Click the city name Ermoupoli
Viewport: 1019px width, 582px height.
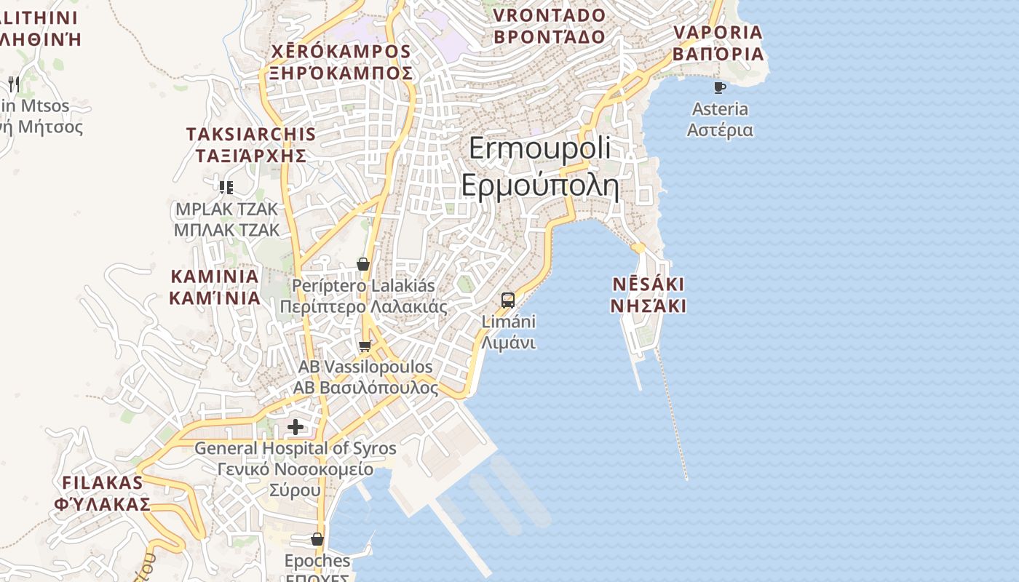point(539,148)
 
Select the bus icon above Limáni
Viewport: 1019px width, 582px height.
point(508,300)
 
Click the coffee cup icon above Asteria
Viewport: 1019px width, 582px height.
point(720,88)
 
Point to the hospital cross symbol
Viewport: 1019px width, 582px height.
point(296,426)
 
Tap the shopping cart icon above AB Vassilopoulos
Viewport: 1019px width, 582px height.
point(365,346)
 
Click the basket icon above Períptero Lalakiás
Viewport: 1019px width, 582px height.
point(363,264)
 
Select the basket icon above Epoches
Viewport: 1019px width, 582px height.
point(317,539)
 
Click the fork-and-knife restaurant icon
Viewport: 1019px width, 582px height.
point(13,84)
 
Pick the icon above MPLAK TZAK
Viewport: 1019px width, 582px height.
point(226,188)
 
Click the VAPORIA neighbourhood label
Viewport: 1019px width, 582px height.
point(718,33)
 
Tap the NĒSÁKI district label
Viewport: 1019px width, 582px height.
point(648,284)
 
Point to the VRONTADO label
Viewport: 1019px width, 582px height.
point(550,15)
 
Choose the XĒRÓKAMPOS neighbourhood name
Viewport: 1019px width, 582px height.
point(341,52)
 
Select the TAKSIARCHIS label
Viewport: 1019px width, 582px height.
point(250,134)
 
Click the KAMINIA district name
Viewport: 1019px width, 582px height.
point(215,276)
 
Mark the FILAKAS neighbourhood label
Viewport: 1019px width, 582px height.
point(103,482)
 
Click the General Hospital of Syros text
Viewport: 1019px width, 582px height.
point(295,448)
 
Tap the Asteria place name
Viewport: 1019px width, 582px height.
point(720,109)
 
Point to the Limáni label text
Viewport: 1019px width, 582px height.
point(508,322)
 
